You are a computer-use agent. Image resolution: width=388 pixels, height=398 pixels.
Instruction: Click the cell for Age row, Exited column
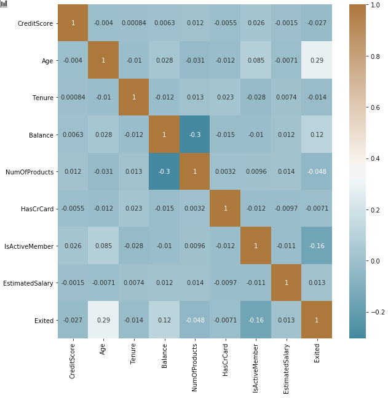(x=317, y=60)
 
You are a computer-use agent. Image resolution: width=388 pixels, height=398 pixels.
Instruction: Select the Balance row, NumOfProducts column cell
(x=195, y=134)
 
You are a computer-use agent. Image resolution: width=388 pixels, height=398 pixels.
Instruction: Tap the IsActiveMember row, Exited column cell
(x=317, y=246)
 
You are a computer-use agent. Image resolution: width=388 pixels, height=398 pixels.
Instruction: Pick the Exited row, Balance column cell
(x=164, y=320)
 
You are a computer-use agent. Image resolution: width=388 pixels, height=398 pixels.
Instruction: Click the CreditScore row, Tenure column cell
(x=134, y=23)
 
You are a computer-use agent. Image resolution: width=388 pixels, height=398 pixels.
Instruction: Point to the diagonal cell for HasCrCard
(x=225, y=208)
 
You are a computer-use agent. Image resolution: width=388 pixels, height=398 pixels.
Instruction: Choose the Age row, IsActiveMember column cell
(x=256, y=60)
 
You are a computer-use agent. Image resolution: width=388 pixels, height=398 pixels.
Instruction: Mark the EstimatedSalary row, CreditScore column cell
(x=73, y=283)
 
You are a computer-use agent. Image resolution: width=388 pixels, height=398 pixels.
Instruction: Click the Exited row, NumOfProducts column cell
(x=195, y=320)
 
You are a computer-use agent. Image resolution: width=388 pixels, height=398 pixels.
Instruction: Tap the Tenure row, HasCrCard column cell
(x=225, y=97)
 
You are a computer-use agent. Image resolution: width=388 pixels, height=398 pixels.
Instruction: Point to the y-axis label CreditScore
(x=35, y=23)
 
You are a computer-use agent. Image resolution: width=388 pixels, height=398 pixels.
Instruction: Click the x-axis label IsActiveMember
(x=256, y=361)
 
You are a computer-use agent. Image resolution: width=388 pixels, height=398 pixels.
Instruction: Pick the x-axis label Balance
(x=164, y=354)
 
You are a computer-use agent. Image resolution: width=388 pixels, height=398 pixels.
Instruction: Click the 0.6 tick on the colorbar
(x=375, y=107)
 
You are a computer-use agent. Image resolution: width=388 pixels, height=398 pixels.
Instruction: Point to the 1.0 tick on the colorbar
(x=375, y=5)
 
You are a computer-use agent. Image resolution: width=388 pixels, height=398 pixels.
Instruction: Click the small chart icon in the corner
(x=4, y=3)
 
